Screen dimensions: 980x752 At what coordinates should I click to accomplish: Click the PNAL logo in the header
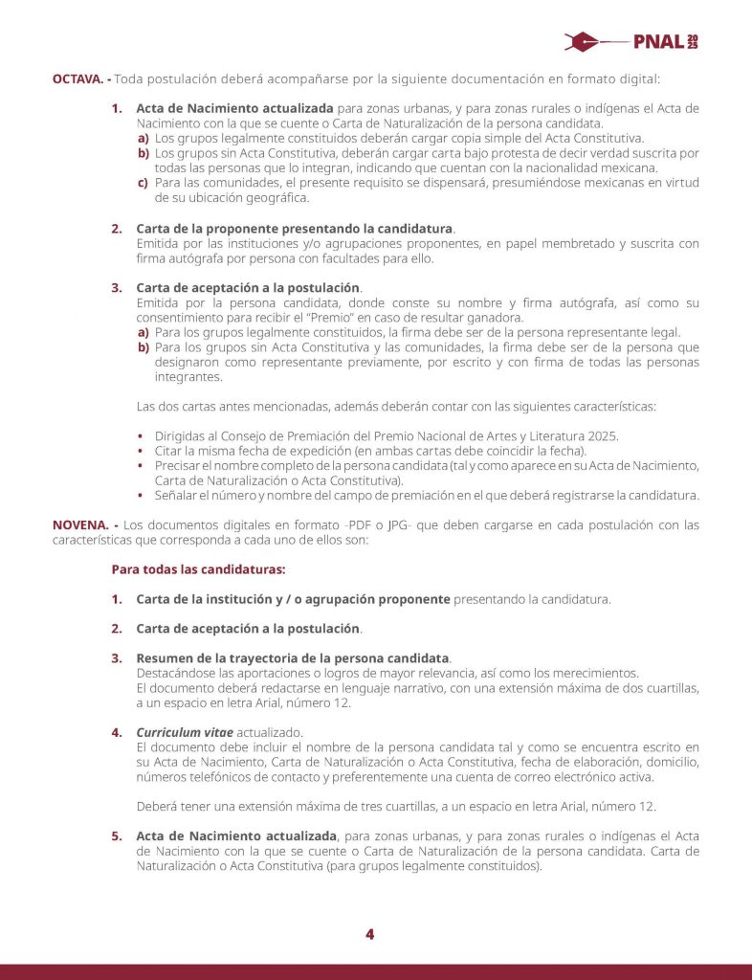point(631,42)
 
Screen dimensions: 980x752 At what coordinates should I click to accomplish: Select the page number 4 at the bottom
point(369,935)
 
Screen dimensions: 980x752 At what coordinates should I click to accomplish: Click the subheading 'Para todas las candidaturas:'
point(198,569)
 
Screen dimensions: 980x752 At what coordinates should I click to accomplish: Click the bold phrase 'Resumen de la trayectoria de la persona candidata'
point(293,658)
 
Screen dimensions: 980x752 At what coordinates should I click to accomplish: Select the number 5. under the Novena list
point(116,835)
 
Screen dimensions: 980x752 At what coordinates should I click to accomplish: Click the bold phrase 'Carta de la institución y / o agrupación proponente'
point(293,599)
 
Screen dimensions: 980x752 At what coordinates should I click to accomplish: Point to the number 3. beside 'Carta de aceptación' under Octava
point(116,287)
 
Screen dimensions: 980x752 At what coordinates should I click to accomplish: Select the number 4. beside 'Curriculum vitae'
point(116,732)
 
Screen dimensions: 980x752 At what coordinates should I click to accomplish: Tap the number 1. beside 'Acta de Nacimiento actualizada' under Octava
point(116,109)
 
